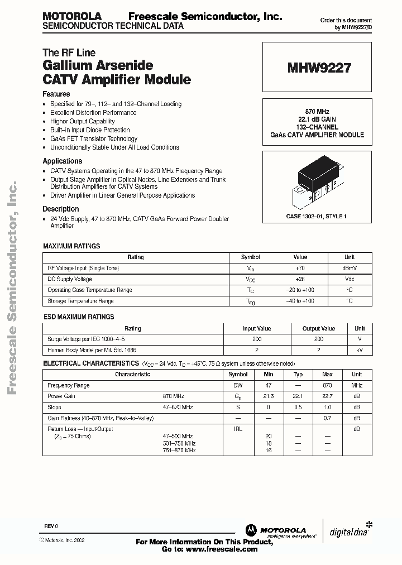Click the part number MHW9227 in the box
click(x=319, y=68)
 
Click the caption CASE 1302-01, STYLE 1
click(x=317, y=216)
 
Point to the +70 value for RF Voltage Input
click(x=300, y=268)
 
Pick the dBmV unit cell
click(x=349, y=268)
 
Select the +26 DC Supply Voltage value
click(x=300, y=279)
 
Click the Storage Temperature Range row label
click(x=80, y=301)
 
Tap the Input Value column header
click(x=257, y=329)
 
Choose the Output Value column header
click(x=319, y=329)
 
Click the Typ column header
click(x=298, y=375)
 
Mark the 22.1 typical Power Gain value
click(x=298, y=396)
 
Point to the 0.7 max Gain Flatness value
click(x=327, y=418)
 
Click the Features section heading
click(x=56, y=94)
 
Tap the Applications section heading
click(x=62, y=161)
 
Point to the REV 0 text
click(x=51, y=526)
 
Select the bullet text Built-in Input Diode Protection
click(x=90, y=130)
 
